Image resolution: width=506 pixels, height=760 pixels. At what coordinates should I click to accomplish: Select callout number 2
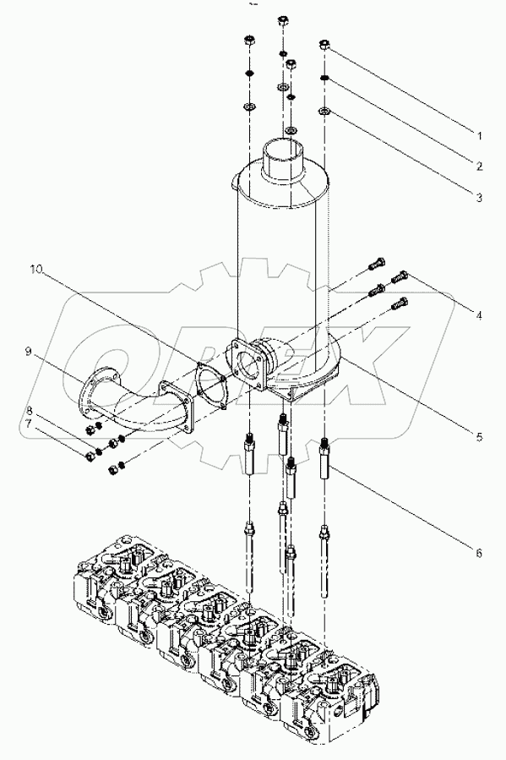[x=477, y=166]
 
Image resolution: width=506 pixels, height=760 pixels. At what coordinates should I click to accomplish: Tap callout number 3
[x=477, y=198]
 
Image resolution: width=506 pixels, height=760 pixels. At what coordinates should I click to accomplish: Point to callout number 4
[x=478, y=315]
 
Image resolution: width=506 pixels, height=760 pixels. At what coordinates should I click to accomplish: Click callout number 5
[x=478, y=437]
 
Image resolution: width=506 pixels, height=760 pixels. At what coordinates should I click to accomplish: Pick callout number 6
[x=478, y=553]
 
